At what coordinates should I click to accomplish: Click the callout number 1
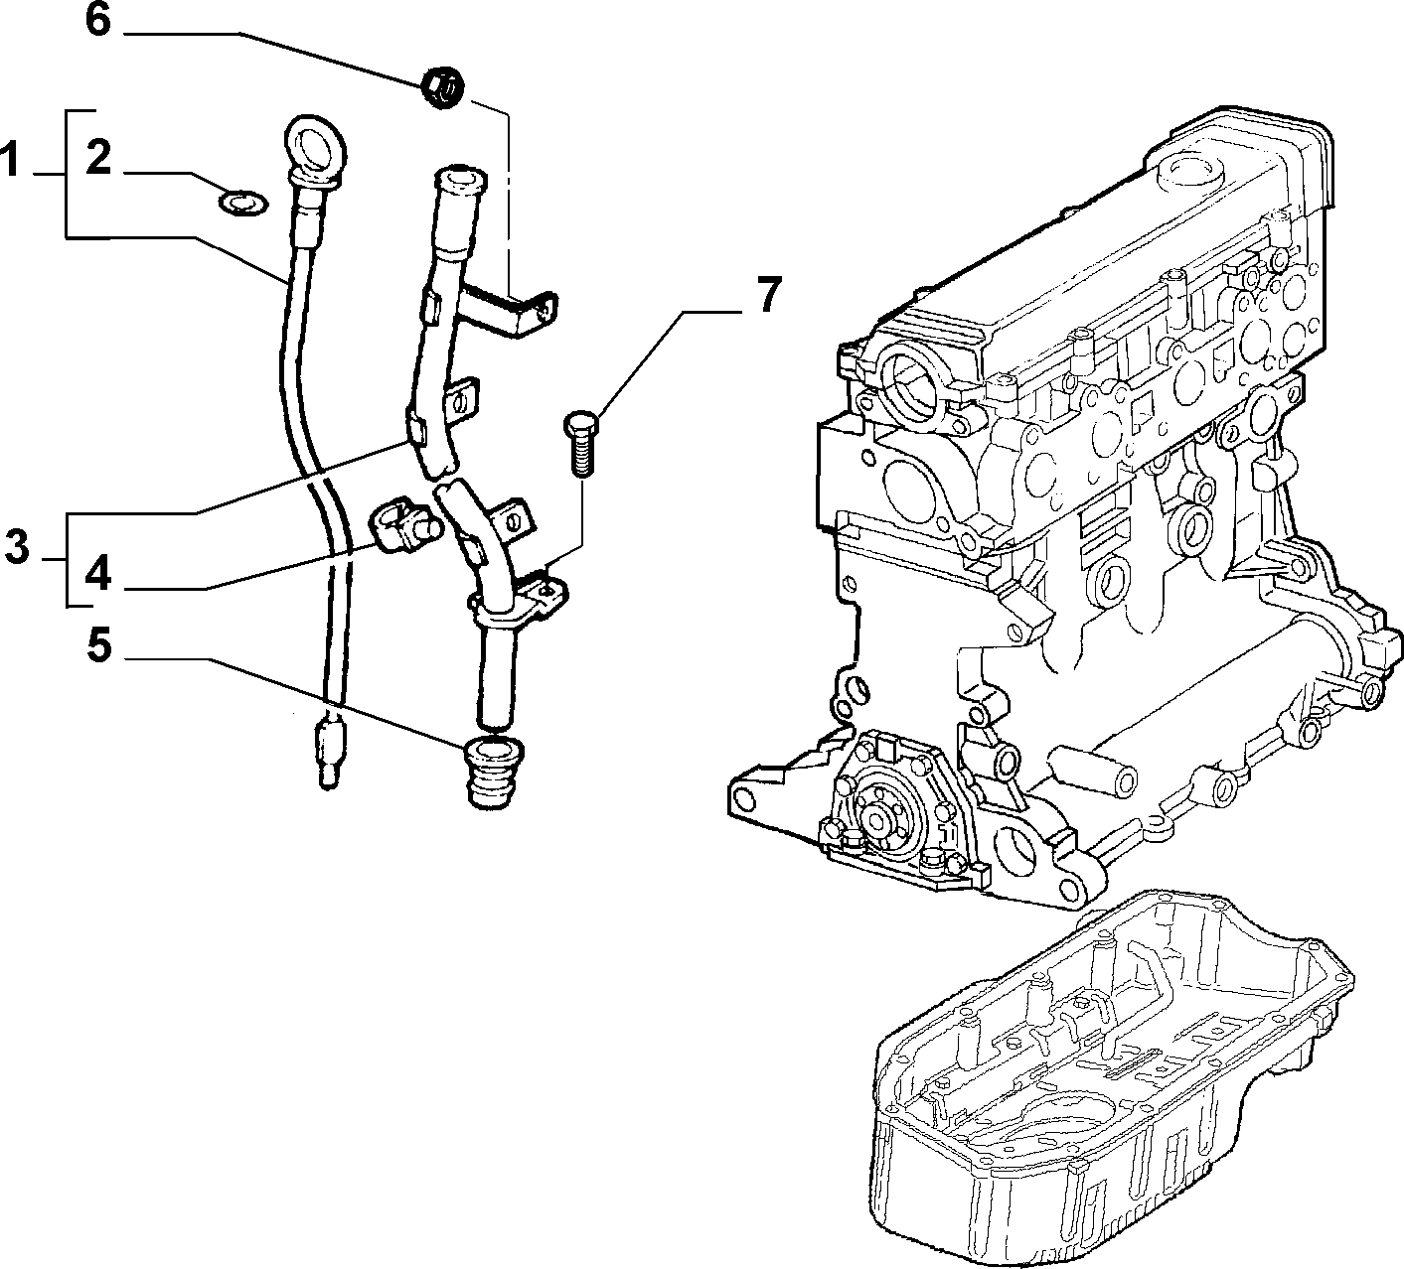[10, 159]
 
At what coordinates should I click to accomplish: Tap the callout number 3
[17, 548]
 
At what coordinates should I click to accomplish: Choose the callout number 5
[99, 645]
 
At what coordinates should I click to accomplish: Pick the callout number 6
[98, 20]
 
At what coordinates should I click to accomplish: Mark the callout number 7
[768, 295]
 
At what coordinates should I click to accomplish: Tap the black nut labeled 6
[442, 87]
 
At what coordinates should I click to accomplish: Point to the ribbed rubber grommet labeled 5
[494, 773]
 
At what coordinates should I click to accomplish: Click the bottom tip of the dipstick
[327, 782]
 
